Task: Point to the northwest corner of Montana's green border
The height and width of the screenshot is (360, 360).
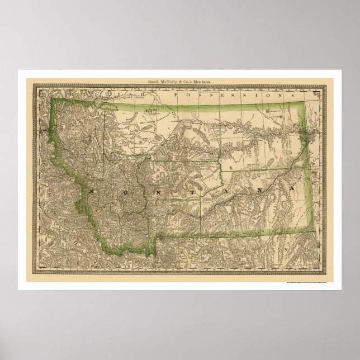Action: click(x=51, y=98)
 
